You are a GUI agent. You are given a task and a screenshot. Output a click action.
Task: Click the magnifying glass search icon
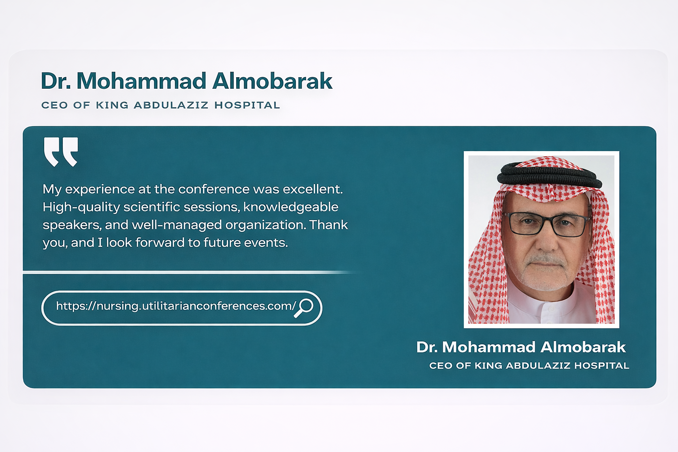(304, 308)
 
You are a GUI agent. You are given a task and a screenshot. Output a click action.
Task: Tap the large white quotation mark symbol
(61, 152)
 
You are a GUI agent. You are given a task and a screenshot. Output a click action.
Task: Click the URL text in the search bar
(176, 306)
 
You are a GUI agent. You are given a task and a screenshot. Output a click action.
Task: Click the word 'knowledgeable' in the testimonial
(290, 207)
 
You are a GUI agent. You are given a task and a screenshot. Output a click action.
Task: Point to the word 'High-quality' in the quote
(81, 207)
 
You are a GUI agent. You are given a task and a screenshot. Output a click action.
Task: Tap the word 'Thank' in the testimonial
(328, 225)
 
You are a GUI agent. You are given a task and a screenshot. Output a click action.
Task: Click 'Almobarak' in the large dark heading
(272, 81)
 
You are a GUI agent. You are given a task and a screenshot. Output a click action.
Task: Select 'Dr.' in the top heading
(56, 81)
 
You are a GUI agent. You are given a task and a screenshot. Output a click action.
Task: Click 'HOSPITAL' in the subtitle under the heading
(247, 105)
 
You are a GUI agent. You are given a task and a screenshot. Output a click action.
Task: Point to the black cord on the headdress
(550, 175)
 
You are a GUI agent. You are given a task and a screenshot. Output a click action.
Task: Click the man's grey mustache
(546, 259)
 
